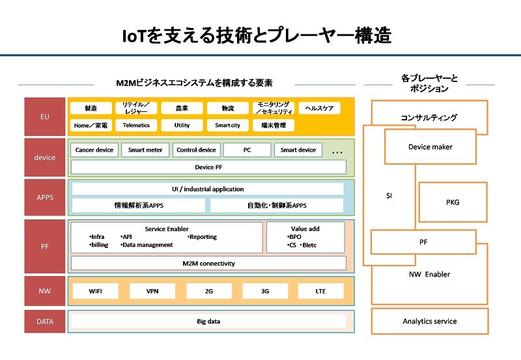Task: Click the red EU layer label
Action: coord(44,117)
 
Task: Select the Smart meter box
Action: coord(145,150)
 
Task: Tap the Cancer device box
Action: coord(94,150)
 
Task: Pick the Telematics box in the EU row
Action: coord(136,125)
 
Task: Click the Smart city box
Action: coord(227,125)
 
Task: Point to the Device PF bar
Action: coord(208,167)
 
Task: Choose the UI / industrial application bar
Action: coord(208,189)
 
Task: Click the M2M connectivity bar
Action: coord(208,264)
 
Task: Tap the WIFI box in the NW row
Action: coord(95,291)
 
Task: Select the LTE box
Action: coord(320,291)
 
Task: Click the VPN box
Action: coord(152,291)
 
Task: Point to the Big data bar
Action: coord(208,321)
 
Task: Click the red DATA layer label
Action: coord(44,322)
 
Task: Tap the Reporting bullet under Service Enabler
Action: coord(203,237)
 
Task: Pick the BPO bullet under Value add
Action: coord(294,237)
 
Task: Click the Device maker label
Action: coord(430,146)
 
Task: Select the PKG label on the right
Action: coord(453,202)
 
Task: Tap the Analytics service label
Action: coord(430,321)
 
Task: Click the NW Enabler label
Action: coord(429,274)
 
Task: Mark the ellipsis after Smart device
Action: coord(337,152)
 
